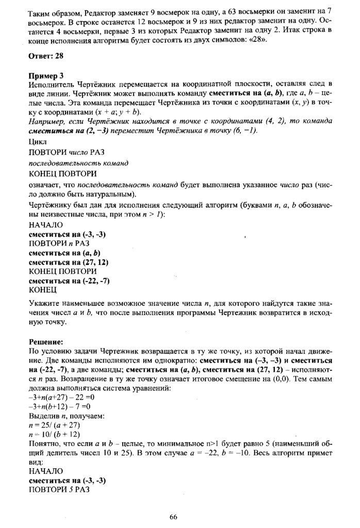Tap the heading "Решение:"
45,342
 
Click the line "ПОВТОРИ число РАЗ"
66,152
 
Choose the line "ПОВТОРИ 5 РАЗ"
59,489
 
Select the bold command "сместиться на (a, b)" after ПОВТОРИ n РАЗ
64,253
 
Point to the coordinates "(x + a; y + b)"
122,112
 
